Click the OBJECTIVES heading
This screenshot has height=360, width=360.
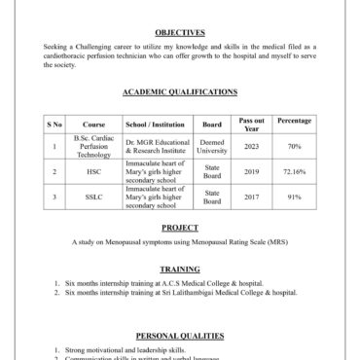tap(179, 32)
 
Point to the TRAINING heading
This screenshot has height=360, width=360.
tap(179, 269)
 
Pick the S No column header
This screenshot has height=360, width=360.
tap(54, 125)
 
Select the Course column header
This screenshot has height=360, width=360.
tap(93, 125)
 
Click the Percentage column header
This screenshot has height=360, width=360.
tap(294, 121)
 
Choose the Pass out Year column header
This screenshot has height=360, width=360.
tap(251, 124)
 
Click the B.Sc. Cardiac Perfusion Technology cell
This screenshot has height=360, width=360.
tap(93, 147)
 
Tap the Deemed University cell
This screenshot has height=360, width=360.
tap(212, 147)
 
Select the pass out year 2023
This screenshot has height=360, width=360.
tap(251, 147)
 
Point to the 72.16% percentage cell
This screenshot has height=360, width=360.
tap(294, 170)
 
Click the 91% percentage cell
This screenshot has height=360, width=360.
tap(294, 198)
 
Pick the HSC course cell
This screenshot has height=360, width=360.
tap(93, 171)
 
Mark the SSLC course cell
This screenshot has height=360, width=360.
tap(93, 198)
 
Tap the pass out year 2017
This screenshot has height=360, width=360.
tap(251, 198)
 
